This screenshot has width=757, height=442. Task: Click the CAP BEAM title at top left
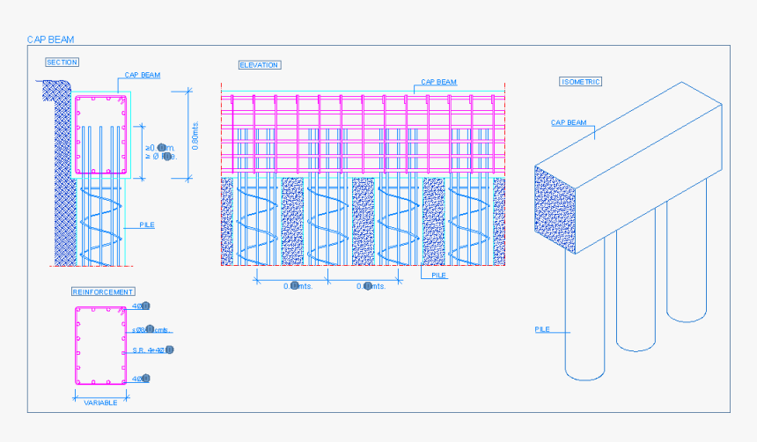point(50,40)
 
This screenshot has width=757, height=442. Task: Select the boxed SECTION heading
point(62,62)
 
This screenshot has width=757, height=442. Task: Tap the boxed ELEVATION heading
point(260,65)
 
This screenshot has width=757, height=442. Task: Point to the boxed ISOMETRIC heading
point(581,82)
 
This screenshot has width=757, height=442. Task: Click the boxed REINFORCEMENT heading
point(103,291)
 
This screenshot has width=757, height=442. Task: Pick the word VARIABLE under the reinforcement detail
point(101,401)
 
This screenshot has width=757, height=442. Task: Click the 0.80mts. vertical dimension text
point(195,134)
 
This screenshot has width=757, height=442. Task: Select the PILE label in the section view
point(147,225)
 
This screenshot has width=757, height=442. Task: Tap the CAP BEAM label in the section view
point(142,76)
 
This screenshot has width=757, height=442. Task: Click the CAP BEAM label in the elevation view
point(438,82)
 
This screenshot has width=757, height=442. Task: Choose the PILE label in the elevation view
point(439,275)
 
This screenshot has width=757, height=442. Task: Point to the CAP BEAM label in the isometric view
point(569,123)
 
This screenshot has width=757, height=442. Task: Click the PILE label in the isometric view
point(542,329)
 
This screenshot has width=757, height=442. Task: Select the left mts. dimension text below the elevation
point(298,285)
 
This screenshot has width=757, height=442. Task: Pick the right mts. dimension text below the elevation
point(371,285)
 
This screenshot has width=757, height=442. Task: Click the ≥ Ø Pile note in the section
point(161,156)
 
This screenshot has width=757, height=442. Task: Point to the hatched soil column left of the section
point(62,176)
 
